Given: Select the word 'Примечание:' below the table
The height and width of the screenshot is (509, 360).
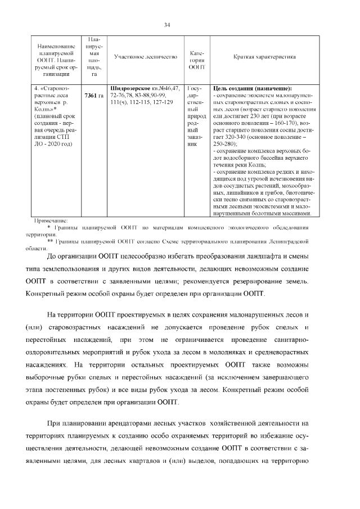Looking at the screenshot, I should click(x=51, y=220).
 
